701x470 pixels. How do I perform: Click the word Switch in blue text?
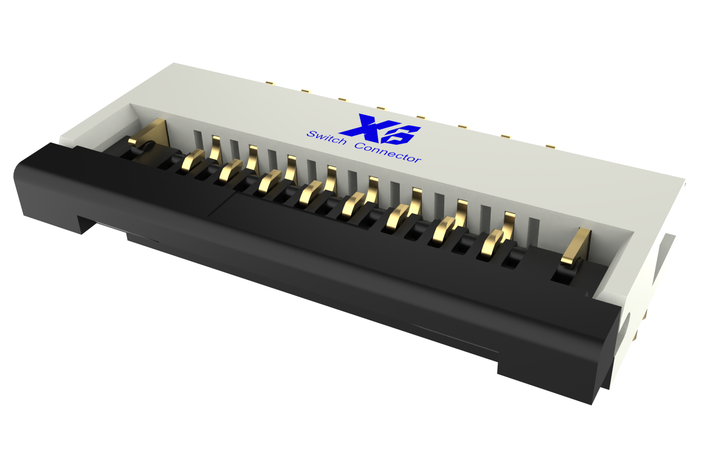click(x=326, y=138)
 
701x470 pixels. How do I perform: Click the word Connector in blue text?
click(x=388, y=152)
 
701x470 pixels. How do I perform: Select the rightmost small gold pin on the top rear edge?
click(x=550, y=145)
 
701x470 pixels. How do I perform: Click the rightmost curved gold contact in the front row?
click(x=493, y=243)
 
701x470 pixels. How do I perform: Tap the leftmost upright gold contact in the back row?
click(x=215, y=148)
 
